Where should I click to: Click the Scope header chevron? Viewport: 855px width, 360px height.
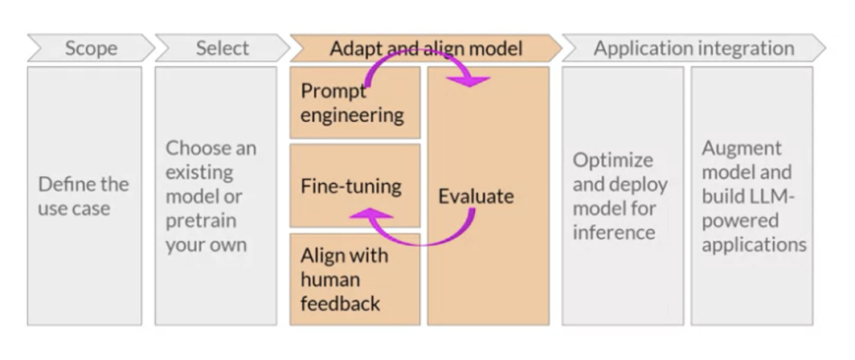pyautogui.click(x=90, y=48)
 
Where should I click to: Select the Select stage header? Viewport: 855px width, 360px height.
pyautogui.click(x=221, y=48)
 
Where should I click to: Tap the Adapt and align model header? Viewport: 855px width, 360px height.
pyautogui.click(x=425, y=48)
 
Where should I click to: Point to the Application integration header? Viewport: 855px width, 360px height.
pyautogui.click(x=693, y=48)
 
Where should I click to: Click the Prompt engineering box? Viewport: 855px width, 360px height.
pyautogui.click(x=354, y=103)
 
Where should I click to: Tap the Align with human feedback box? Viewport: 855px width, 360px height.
pyautogui.click(x=354, y=279)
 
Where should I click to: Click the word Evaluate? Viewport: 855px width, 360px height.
pyautogui.click(x=476, y=196)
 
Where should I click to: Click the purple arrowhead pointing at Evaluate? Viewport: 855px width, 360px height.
pyautogui.click(x=477, y=80)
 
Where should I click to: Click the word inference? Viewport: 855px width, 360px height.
pyautogui.click(x=613, y=232)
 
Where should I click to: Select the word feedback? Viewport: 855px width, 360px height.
pyautogui.click(x=340, y=303)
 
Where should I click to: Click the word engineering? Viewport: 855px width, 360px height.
pyautogui.click(x=352, y=114)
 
